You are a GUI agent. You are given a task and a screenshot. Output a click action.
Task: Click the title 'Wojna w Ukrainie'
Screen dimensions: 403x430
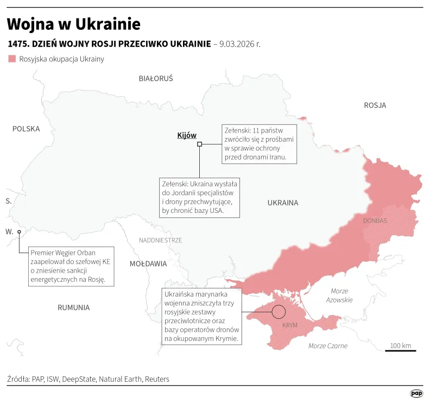tap(73, 24)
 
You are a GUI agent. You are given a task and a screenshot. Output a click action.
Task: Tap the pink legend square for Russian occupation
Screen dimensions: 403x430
tap(12, 59)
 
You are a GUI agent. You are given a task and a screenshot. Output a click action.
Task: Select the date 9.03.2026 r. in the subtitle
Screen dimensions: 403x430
tap(240, 43)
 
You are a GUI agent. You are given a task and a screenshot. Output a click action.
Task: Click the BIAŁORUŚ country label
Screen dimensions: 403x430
tap(156, 78)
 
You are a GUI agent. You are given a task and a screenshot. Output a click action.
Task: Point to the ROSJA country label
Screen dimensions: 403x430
tap(375, 105)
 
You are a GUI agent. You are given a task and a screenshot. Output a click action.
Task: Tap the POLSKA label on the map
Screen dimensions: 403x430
tap(26, 129)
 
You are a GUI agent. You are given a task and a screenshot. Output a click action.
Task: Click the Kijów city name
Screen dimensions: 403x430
tap(187, 135)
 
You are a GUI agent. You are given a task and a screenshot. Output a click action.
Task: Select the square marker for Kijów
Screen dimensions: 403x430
tap(199, 144)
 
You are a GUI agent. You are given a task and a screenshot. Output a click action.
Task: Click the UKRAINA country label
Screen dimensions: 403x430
tap(283, 203)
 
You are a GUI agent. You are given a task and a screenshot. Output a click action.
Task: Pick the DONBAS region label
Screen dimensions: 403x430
tap(375, 221)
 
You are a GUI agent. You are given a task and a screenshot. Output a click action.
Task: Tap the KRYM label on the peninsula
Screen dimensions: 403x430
tap(290, 325)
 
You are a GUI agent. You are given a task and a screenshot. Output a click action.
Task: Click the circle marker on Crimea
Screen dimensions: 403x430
tap(279, 312)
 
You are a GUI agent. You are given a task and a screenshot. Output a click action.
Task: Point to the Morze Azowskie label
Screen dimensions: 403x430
tap(339, 295)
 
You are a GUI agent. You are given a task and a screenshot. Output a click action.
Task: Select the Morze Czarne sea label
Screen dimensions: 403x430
tap(327, 346)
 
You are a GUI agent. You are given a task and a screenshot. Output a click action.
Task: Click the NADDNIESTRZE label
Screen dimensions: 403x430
tap(160, 240)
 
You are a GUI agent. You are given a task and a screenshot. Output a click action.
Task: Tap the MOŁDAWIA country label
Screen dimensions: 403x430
tap(148, 263)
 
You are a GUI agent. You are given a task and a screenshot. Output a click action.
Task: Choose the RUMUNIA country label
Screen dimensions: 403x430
tap(73, 307)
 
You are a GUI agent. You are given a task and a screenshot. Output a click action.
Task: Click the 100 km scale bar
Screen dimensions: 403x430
tap(400, 350)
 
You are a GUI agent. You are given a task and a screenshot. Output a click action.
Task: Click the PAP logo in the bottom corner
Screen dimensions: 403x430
tap(416, 393)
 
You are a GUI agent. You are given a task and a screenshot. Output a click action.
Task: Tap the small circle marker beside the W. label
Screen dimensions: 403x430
tap(19, 232)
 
